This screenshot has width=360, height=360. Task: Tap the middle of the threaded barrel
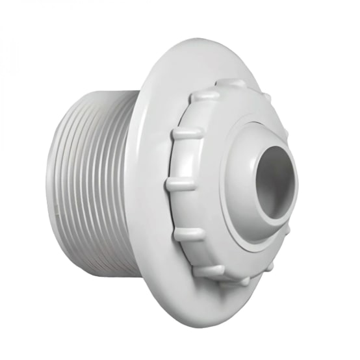coord(97,182)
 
